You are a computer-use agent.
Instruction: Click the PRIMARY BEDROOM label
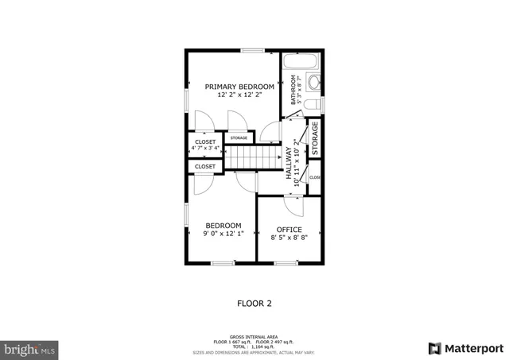(x=239, y=87)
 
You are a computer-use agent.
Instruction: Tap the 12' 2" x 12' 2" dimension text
(x=239, y=95)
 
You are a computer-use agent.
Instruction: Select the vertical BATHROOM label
(x=293, y=90)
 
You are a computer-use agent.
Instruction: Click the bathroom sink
(x=312, y=83)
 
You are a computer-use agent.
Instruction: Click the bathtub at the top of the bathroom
(x=301, y=61)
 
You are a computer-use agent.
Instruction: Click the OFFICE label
(x=289, y=230)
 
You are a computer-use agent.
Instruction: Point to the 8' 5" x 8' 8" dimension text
(x=289, y=238)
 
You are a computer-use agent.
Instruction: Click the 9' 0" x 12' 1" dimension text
(x=223, y=234)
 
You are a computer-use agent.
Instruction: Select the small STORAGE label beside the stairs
(x=239, y=138)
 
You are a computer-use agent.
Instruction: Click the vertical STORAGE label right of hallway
(x=315, y=138)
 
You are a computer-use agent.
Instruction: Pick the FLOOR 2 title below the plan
(x=254, y=303)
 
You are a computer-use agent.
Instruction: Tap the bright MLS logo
(x=30, y=348)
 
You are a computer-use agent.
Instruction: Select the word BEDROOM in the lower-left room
(x=223, y=226)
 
